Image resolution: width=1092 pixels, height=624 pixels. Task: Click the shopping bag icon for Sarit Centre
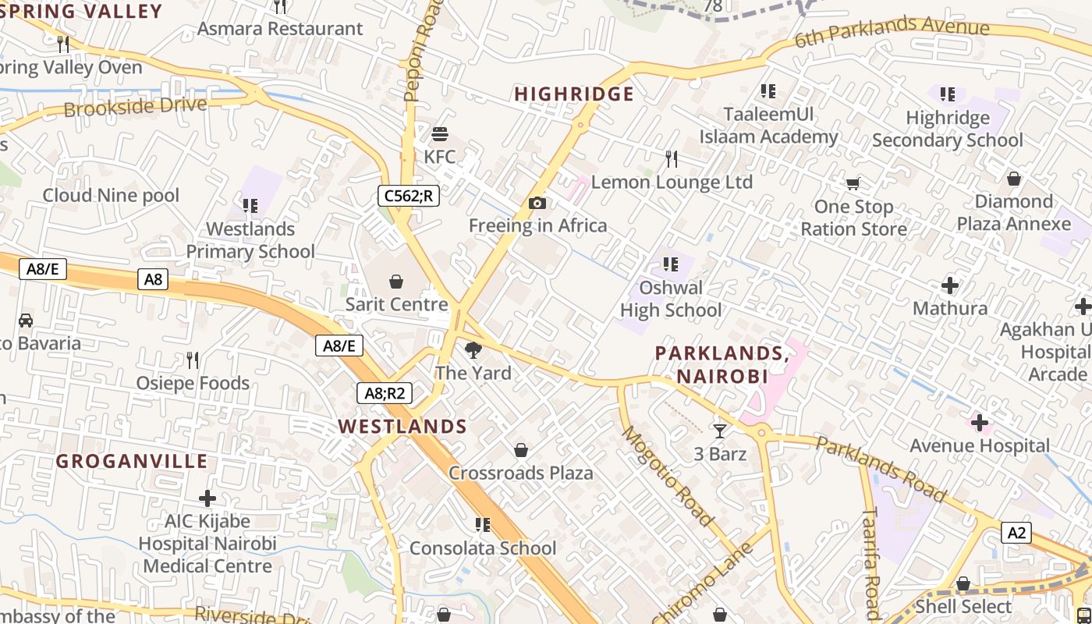point(396,282)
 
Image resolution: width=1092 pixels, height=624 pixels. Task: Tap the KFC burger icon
point(440,134)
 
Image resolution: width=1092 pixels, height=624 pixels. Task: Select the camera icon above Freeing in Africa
point(537,204)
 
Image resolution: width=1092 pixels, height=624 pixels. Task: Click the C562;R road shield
point(409,196)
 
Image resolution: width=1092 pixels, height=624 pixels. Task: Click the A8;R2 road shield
point(385,392)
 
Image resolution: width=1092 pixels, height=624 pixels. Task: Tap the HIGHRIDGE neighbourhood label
point(574,94)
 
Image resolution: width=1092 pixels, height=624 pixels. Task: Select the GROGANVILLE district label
point(132,461)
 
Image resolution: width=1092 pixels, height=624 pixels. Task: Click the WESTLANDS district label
point(402,427)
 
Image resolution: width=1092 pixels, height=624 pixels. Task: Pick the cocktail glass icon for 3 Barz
point(719,431)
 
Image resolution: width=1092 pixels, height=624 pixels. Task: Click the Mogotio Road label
point(667,476)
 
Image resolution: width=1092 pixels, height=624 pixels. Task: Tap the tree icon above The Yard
point(473,350)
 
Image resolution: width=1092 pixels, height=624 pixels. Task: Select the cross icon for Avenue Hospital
point(980,423)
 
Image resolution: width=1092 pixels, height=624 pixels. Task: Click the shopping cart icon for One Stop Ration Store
point(853,184)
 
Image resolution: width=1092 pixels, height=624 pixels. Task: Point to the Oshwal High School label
point(671,299)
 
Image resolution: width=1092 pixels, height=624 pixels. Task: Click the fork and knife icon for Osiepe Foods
point(192,360)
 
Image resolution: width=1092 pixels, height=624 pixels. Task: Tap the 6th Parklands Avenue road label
point(892,31)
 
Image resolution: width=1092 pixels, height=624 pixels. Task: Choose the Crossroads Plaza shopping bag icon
point(520,450)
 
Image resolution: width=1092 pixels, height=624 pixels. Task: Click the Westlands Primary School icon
point(250,206)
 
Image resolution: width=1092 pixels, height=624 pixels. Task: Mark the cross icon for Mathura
point(950,285)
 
